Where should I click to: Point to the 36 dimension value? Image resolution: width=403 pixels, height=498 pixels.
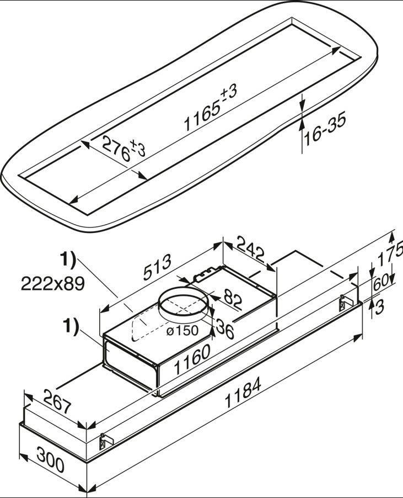coord(225,329)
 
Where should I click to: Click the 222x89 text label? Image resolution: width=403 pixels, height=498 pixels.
coord(53,283)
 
